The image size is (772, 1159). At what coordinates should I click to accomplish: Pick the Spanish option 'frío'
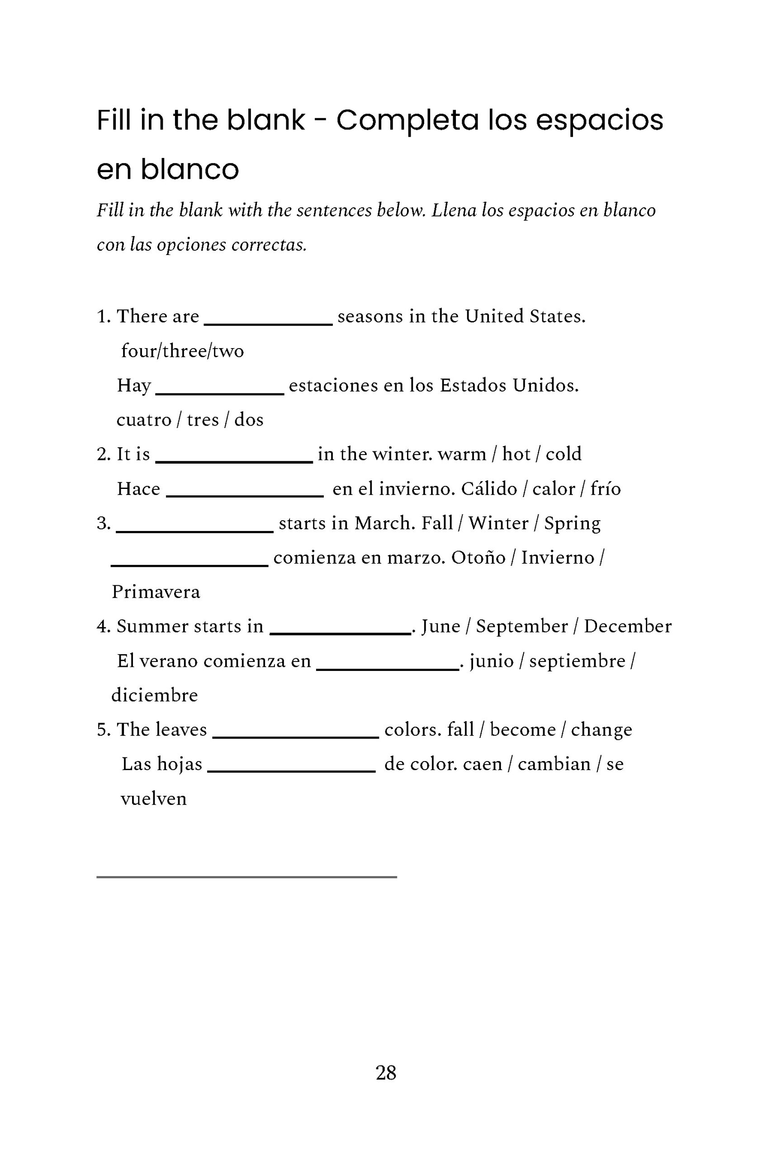pos(605,489)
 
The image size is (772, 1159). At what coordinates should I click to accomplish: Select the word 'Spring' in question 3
pos(572,523)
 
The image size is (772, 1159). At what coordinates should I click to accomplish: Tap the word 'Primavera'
pos(156,592)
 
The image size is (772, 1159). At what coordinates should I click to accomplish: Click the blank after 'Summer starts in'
pos(340,632)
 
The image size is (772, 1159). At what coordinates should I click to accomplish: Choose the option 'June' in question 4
pos(440,626)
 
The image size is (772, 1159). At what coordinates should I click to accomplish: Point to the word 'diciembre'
pos(155,695)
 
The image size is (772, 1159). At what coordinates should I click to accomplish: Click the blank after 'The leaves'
pos(295,736)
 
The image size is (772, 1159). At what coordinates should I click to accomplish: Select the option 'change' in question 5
pos(601,730)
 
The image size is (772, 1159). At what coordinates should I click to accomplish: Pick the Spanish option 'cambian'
pos(554,764)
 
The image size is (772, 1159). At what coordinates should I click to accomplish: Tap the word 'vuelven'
pos(154,799)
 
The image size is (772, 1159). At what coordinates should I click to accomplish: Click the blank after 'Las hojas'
pos(291,770)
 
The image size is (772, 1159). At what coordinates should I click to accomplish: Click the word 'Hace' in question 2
pos(138,489)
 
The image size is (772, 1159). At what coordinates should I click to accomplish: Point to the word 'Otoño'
pos(478,558)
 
